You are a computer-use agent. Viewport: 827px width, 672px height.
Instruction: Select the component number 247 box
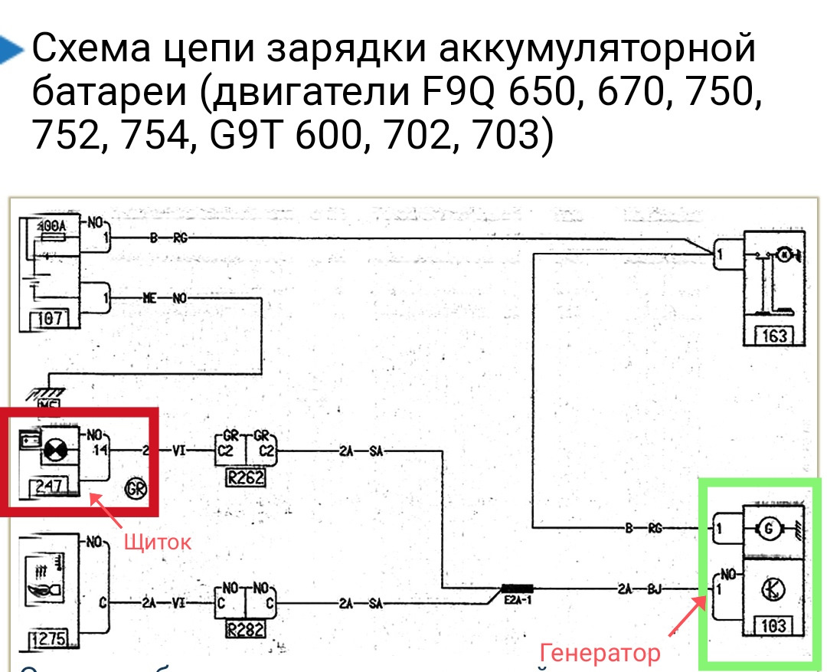pos(47,485)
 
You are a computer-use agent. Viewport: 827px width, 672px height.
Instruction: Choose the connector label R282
pos(246,631)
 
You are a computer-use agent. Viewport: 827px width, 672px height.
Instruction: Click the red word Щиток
pos(157,542)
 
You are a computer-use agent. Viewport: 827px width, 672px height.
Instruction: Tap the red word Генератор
pos(600,653)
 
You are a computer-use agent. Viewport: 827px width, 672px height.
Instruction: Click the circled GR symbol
pos(139,488)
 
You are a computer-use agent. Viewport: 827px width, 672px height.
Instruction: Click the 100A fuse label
pos(51,227)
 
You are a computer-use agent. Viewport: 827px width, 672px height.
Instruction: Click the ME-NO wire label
pos(164,299)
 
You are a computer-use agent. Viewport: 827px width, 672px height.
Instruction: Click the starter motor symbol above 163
pos(783,254)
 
